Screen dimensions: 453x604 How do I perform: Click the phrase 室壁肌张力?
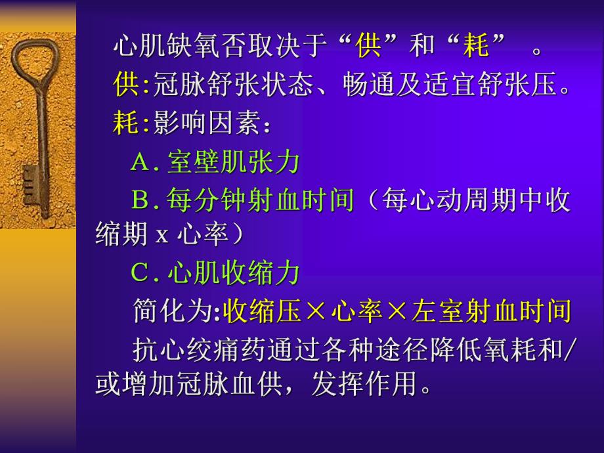click(x=233, y=162)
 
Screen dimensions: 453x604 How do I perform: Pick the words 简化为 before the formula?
click(x=172, y=312)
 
